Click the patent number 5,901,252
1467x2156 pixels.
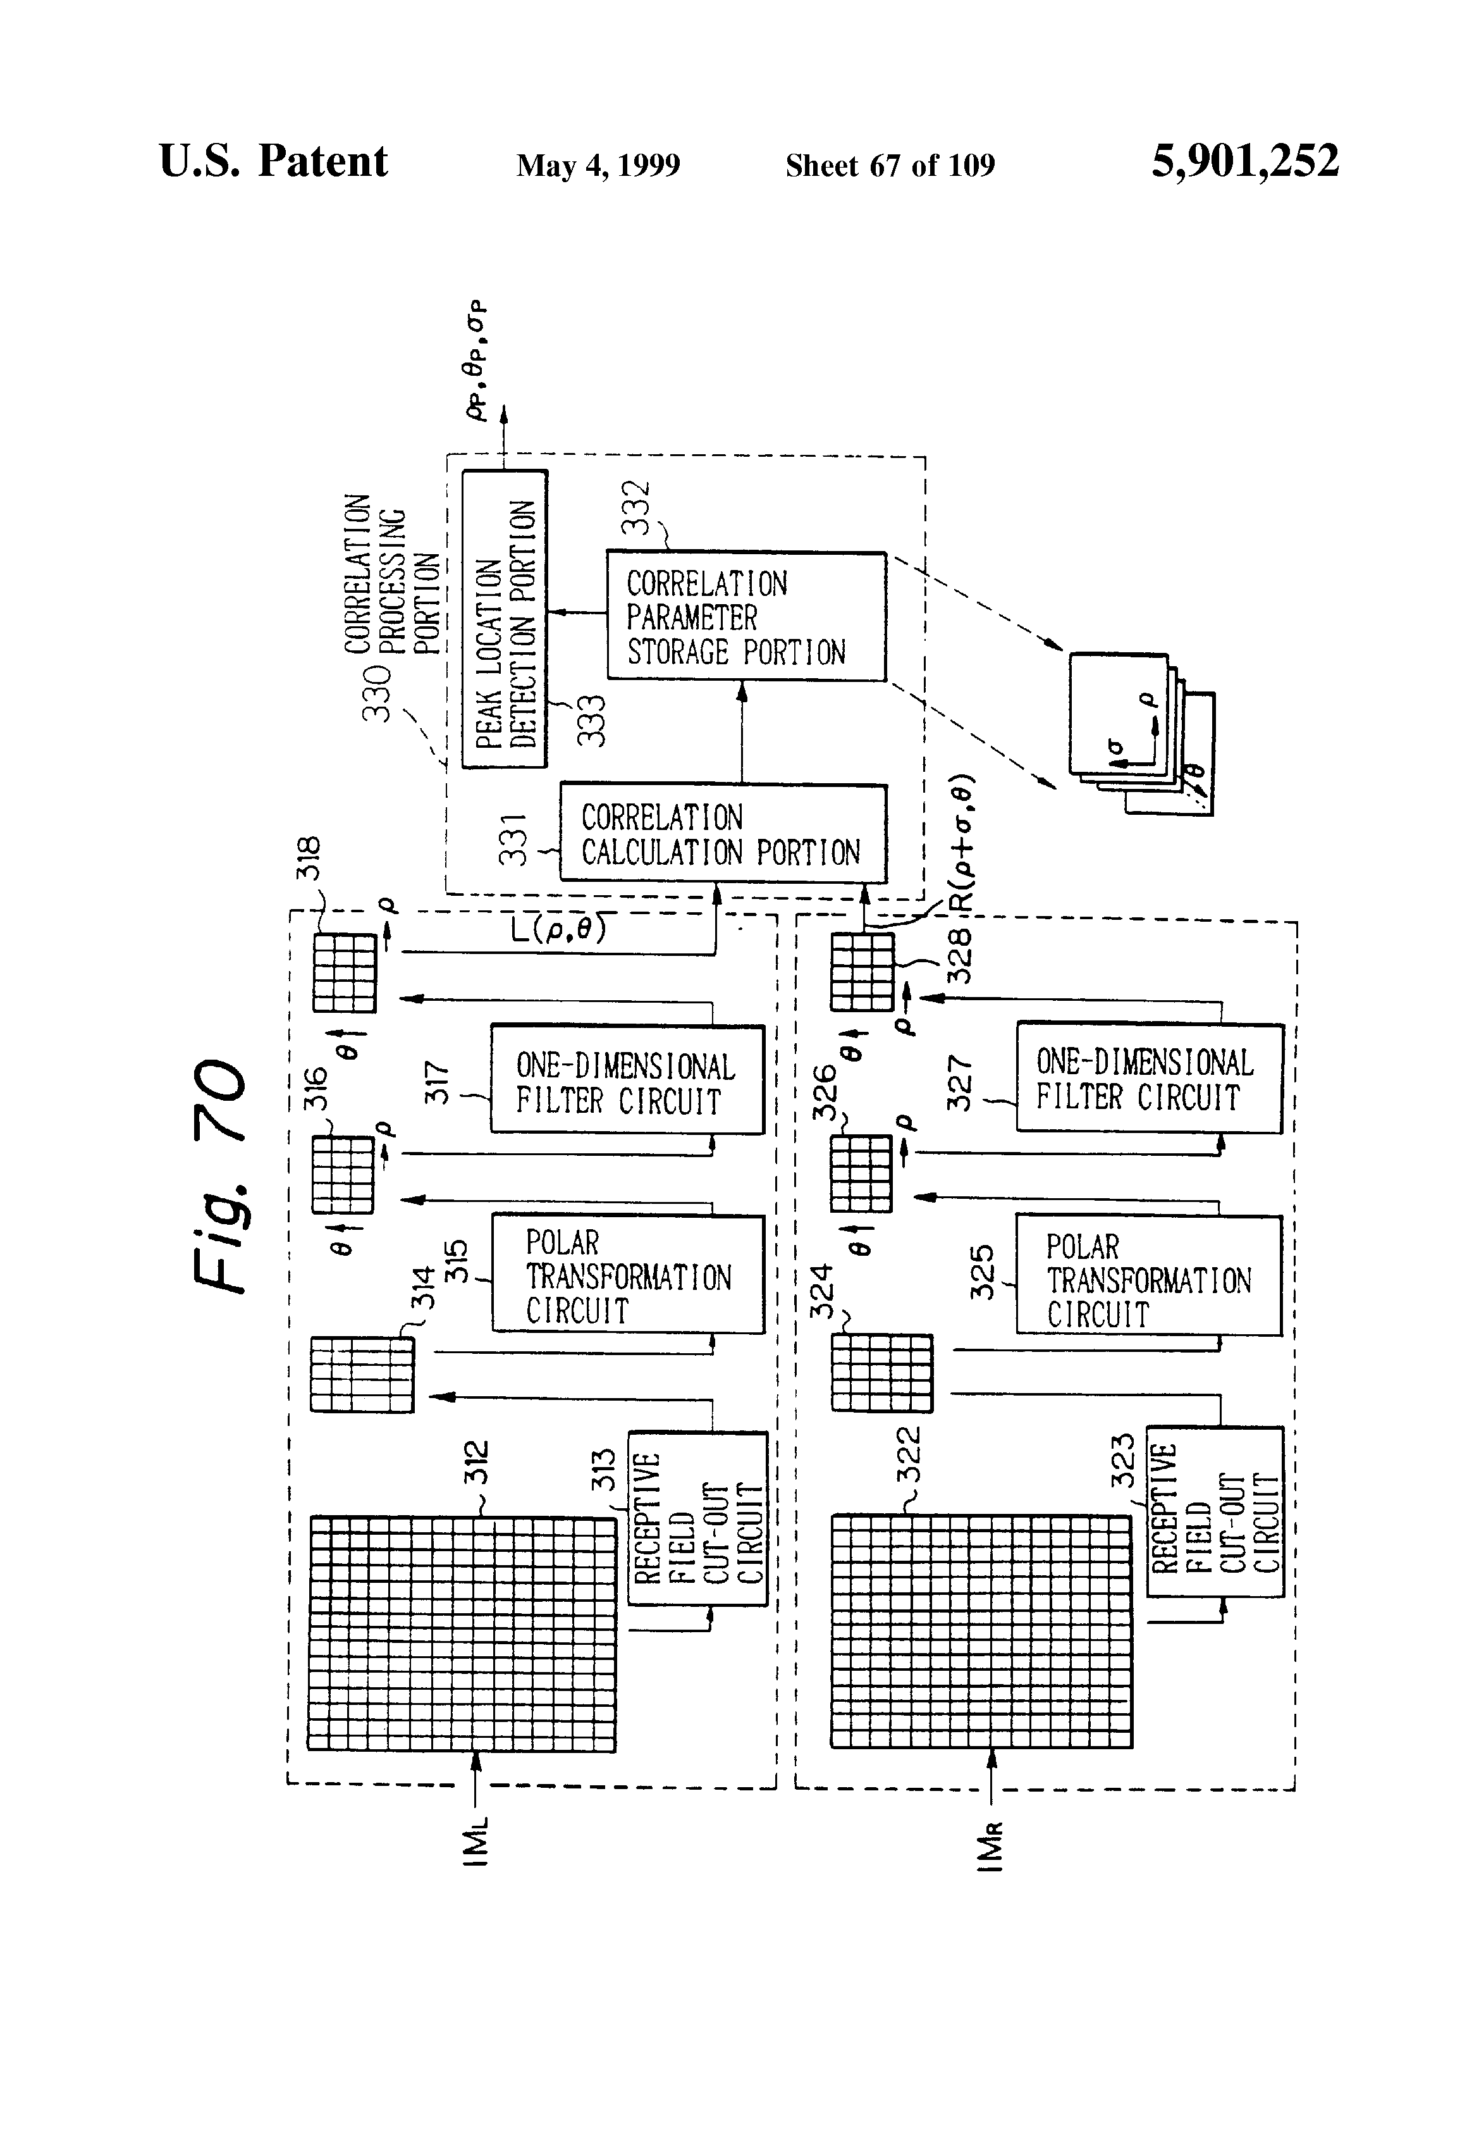click(1244, 161)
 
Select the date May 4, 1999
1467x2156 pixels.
click(598, 166)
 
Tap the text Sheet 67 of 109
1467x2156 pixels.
click(889, 166)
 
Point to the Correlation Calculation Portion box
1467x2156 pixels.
click(722, 834)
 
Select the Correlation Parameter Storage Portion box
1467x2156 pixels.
click(746, 617)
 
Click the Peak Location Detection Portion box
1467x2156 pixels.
click(505, 619)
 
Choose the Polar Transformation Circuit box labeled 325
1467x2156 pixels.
click(1148, 1275)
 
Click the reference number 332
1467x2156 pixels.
click(637, 507)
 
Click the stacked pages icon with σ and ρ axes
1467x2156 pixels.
click(1141, 733)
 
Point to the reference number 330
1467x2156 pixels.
click(376, 692)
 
